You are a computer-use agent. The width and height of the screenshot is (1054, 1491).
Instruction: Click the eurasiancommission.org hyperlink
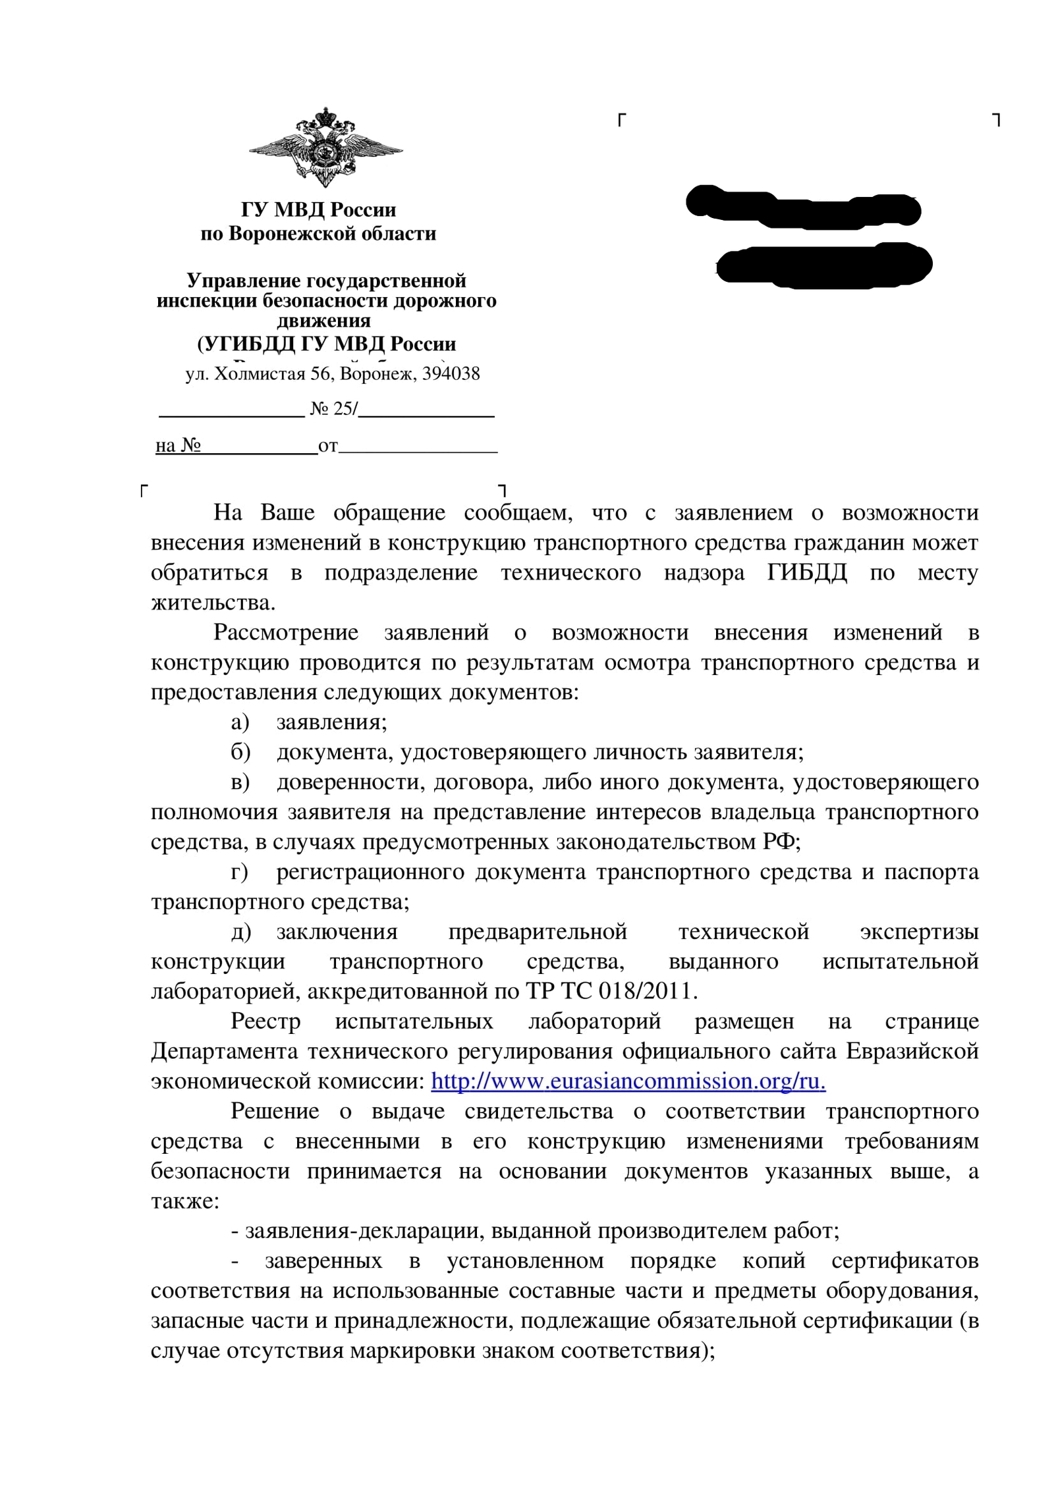pos(628,1081)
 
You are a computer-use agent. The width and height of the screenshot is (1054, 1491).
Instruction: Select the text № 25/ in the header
pos(333,409)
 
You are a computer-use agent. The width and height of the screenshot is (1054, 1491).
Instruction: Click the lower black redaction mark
pos(823,265)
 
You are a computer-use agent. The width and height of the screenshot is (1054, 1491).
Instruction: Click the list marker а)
pos(240,722)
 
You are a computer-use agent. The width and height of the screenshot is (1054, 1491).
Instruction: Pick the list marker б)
pos(240,752)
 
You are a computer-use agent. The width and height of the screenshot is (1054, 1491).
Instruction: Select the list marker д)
pos(240,932)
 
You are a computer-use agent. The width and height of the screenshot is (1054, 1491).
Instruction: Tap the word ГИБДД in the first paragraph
pos(807,572)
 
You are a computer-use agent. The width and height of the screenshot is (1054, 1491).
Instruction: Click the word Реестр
pos(265,1021)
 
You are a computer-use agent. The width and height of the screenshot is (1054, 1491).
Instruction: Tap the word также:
pos(185,1201)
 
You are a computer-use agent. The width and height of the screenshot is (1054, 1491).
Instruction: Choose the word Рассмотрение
pos(286,632)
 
